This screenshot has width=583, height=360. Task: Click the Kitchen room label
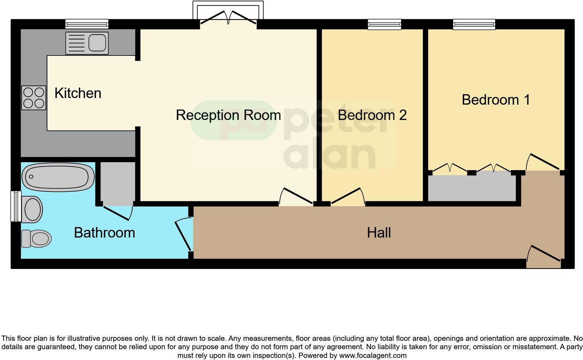click(x=78, y=93)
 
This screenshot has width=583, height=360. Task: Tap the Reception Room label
click(x=228, y=115)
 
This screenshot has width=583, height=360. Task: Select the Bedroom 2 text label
click(x=372, y=115)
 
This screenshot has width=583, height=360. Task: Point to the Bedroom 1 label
click(x=495, y=100)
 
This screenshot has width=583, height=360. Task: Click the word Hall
click(x=379, y=233)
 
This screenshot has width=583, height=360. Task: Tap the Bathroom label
click(x=104, y=233)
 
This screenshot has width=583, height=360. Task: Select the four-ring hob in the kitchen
click(x=34, y=98)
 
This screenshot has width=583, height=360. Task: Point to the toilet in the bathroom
click(x=36, y=239)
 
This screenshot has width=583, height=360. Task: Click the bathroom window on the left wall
click(x=15, y=206)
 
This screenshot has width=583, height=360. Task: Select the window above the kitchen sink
click(x=87, y=24)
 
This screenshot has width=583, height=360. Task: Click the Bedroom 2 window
click(x=385, y=24)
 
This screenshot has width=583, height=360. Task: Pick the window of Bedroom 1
click(x=474, y=24)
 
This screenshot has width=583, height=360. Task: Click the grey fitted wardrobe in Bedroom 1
click(x=471, y=188)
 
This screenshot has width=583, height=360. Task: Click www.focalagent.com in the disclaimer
click(x=373, y=356)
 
